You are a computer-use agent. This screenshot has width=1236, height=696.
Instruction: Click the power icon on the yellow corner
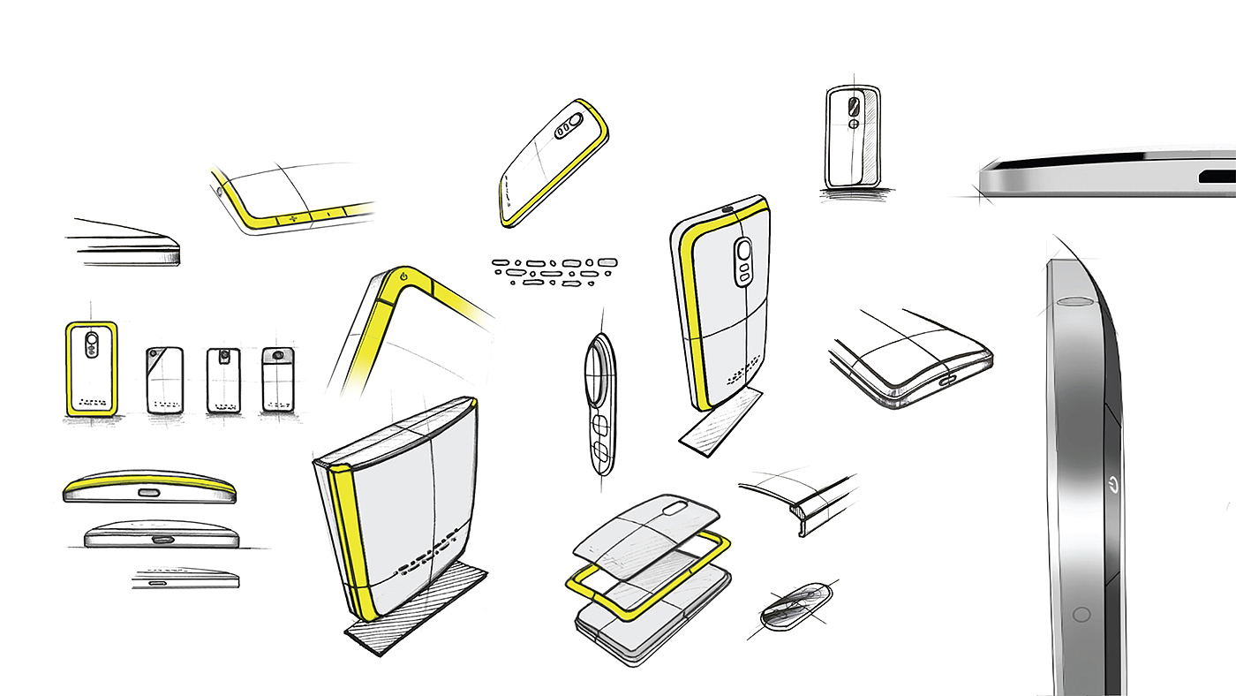pos(403,276)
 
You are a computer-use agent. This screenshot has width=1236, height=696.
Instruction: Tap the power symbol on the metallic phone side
pos(1112,484)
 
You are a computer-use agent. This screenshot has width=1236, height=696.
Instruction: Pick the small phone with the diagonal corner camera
pos(164,380)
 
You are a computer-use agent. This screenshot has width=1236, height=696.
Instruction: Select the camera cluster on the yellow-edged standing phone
pos(744,261)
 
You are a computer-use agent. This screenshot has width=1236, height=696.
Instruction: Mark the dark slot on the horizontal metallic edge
pos(1217,177)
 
